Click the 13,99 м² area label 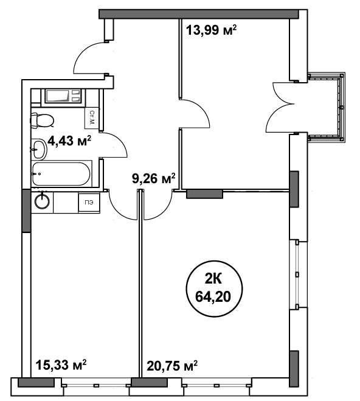click(211, 30)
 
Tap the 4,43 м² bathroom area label click(69, 141)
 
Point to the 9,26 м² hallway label click(154, 178)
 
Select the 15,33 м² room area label click(61, 364)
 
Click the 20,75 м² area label click(172, 366)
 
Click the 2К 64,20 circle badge click(213, 288)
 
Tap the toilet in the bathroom click(42, 120)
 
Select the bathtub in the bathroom click(61, 173)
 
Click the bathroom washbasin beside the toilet click(39, 148)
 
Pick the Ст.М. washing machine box click(91, 118)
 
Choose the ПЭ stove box click(89, 202)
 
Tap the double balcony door click(280, 107)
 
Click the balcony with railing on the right click(327, 107)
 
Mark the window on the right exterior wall click(298, 274)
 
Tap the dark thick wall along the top click(199, 14)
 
